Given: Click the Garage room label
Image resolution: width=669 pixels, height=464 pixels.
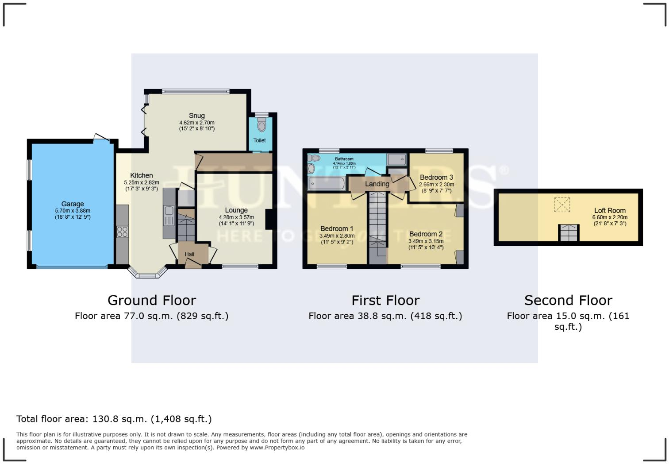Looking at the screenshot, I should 73,204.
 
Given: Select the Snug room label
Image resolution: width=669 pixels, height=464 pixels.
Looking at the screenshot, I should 197,116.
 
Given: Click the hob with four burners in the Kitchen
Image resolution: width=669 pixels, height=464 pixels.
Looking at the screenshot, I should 122,232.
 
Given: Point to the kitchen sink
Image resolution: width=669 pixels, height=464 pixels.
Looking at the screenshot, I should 169,217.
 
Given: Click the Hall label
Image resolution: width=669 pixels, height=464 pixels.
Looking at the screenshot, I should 189,254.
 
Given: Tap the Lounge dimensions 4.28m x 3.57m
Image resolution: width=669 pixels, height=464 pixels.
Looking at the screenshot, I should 236,217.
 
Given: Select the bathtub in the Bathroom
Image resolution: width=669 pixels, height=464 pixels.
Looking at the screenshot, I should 327,182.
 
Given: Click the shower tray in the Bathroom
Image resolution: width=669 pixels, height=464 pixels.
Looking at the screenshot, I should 396,159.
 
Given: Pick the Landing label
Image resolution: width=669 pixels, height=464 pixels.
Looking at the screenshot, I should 377,184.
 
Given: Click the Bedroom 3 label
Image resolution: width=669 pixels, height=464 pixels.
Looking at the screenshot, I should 436,178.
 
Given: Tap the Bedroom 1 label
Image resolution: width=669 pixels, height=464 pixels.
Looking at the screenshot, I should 337,229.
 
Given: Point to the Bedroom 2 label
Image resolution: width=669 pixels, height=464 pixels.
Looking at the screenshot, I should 426,234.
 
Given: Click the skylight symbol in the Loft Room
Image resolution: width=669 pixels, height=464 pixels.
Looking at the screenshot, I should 562,205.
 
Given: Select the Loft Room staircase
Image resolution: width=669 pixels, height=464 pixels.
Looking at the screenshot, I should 568,233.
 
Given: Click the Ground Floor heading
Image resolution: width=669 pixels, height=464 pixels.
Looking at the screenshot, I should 152,300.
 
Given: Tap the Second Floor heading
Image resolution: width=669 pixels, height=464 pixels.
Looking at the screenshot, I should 568,300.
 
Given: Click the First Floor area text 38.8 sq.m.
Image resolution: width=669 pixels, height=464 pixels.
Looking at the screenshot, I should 385,316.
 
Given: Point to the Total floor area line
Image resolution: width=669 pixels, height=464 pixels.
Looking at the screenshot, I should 114,419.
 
